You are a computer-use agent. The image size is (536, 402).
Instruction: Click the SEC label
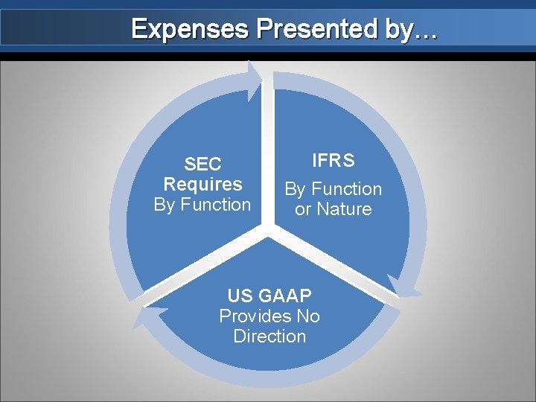[202, 165]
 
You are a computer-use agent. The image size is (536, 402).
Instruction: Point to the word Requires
[202, 184]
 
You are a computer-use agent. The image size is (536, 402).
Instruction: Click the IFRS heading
[333, 160]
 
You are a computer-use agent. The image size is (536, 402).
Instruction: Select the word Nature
[343, 209]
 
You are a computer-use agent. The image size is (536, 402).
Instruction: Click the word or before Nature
[303, 210]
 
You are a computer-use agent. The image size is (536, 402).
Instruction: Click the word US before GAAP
[240, 296]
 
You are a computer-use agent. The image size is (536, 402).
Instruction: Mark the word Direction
[269, 336]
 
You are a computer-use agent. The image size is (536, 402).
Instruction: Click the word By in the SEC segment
[165, 204]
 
